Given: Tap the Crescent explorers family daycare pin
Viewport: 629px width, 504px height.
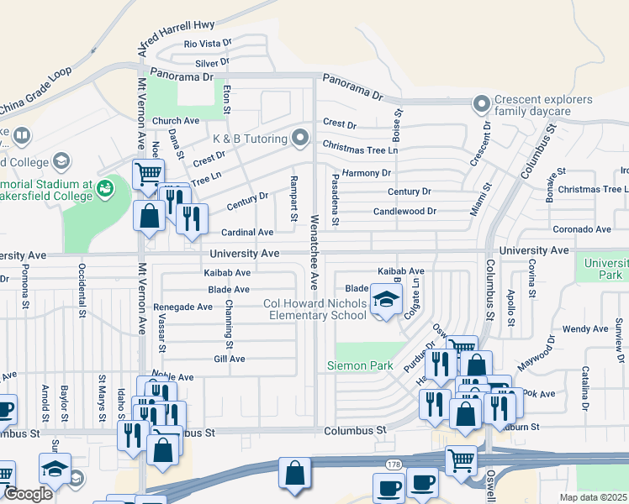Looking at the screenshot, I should (x=481, y=105).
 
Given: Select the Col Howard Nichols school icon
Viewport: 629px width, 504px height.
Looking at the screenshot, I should (x=386, y=301).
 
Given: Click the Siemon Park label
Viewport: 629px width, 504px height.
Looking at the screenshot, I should (x=361, y=365).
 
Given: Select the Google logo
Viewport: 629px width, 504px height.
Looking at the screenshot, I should (x=28, y=494).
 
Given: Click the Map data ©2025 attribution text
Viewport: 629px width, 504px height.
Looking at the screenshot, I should (x=592, y=497).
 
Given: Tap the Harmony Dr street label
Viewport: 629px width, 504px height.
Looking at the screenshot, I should (x=367, y=173).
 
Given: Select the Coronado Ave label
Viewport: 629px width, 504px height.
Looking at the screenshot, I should (x=581, y=229).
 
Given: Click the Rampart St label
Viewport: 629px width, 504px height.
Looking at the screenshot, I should (x=293, y=199).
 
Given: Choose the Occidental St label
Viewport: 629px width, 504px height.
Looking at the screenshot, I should (x=82, y=290).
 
